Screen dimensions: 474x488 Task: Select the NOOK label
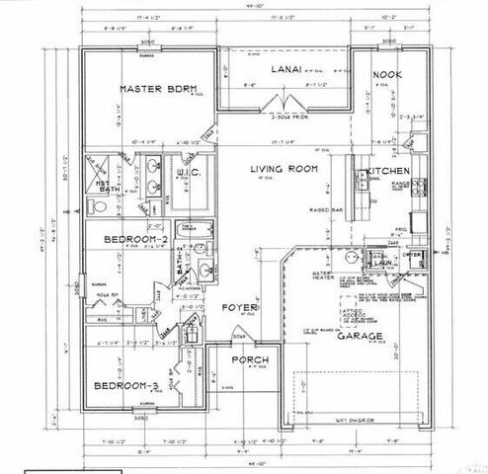[385, 75]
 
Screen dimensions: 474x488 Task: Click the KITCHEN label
[382, 172]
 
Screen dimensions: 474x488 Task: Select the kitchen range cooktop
[419, 185]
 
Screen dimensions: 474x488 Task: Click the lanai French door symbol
[285, 103]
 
